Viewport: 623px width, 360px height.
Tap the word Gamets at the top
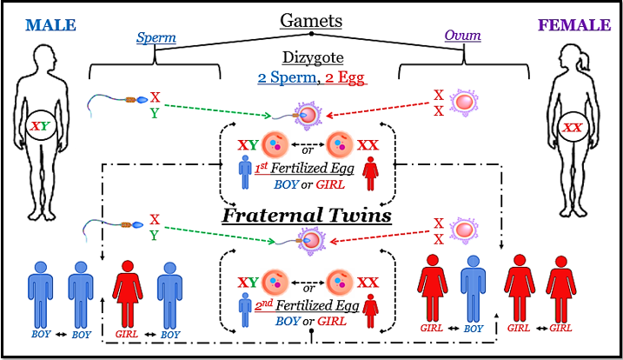tap(311, 21)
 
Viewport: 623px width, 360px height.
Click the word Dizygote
tap(312, 58)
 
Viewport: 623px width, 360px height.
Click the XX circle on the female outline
tap(573, 129)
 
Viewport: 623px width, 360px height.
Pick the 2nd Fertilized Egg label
tap(311, 306)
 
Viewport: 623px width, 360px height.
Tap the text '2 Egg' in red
tap(348, 78)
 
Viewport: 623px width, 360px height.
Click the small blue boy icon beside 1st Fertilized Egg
tap(247, 172)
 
